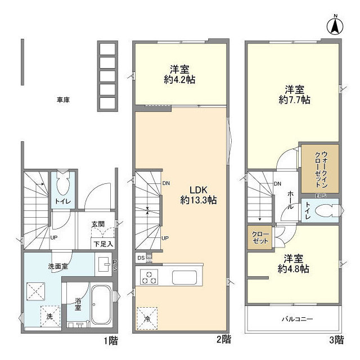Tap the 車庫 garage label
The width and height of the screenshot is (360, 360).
pos(63,101)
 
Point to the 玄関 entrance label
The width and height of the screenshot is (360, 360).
pos(98,224)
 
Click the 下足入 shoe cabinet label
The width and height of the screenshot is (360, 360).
pos(103,244)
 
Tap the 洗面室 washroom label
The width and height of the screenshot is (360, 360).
pos(57,266)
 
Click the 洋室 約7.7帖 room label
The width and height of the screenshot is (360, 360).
pos(294,94)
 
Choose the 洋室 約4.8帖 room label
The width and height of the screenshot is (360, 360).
pos(292,264)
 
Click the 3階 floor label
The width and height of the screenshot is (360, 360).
pos(336,339)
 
